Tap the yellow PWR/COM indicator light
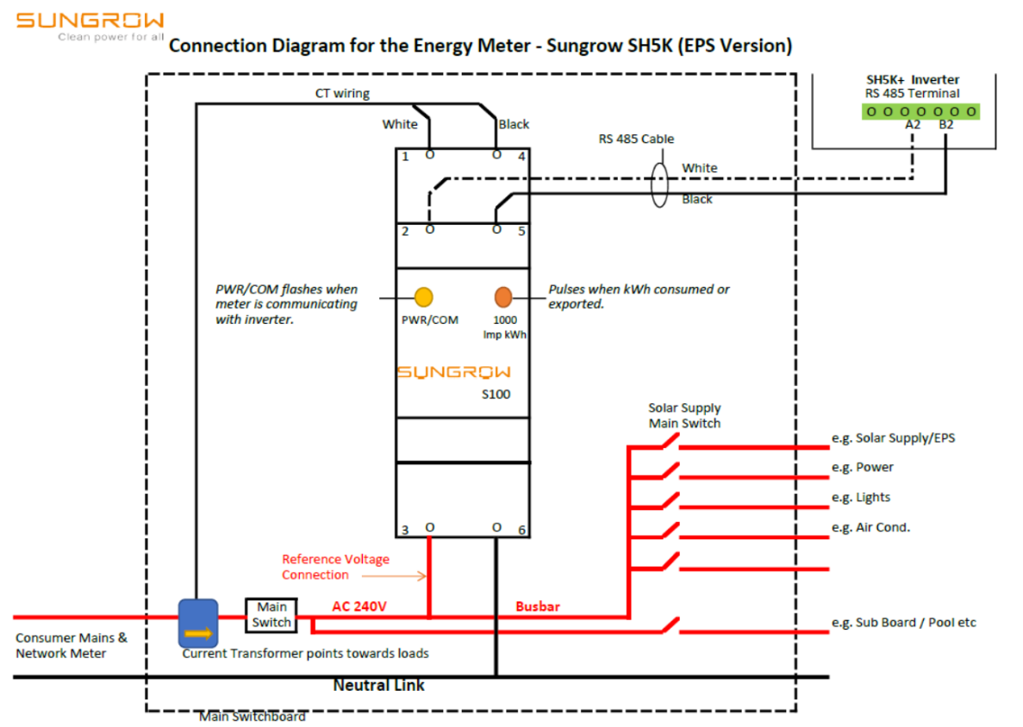tap(423, 297)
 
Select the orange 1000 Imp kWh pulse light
tap(503, 297)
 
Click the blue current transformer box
tap(198, 623)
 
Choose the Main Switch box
tap(271, 615)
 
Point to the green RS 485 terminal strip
tap(921, 111)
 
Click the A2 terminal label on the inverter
tap(913, 126)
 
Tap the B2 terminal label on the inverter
tap(946, 126)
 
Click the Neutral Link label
tap(379, 686)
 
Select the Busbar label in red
tap(538, 606)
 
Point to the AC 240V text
tap(359, 606)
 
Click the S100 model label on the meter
tap(496, 395)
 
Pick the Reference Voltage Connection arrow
tap(394, 575)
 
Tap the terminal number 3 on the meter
tap(405, 530)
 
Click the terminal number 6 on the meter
tap(521, 530)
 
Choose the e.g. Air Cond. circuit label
tap(870, 527)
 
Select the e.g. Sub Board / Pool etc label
tap(903, 622)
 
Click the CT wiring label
tap(342, 93)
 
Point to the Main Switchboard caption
tap(253, 717)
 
